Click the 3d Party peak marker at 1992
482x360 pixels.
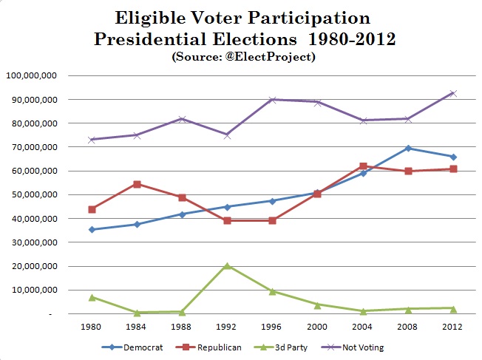(228, 265)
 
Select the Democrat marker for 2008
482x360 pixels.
(408, 149)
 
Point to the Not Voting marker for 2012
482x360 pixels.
(452, 93)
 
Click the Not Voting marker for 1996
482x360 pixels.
(273, 99)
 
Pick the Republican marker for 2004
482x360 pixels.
(363, 166)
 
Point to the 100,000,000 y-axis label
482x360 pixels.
(30, 75)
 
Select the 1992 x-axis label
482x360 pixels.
(228, 326)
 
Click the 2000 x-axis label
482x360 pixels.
(318, 326)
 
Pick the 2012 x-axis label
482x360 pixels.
(452, 326)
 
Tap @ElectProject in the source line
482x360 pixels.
(274, 57)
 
